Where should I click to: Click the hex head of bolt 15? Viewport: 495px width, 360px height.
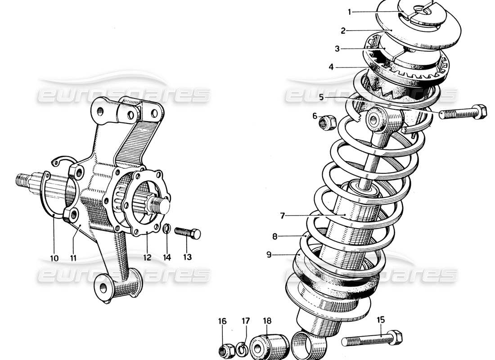click(x=396, y=337)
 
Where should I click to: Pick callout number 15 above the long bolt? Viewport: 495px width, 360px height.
click(x=381, y=320)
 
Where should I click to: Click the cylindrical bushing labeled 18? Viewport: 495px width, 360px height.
click(x=269, y=345)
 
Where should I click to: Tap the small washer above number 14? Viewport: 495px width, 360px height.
click(x=166, y=229)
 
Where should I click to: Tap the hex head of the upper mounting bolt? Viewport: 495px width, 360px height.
click(x=480, y=111)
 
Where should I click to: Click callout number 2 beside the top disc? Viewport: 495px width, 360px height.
click(x=343, y=31)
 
